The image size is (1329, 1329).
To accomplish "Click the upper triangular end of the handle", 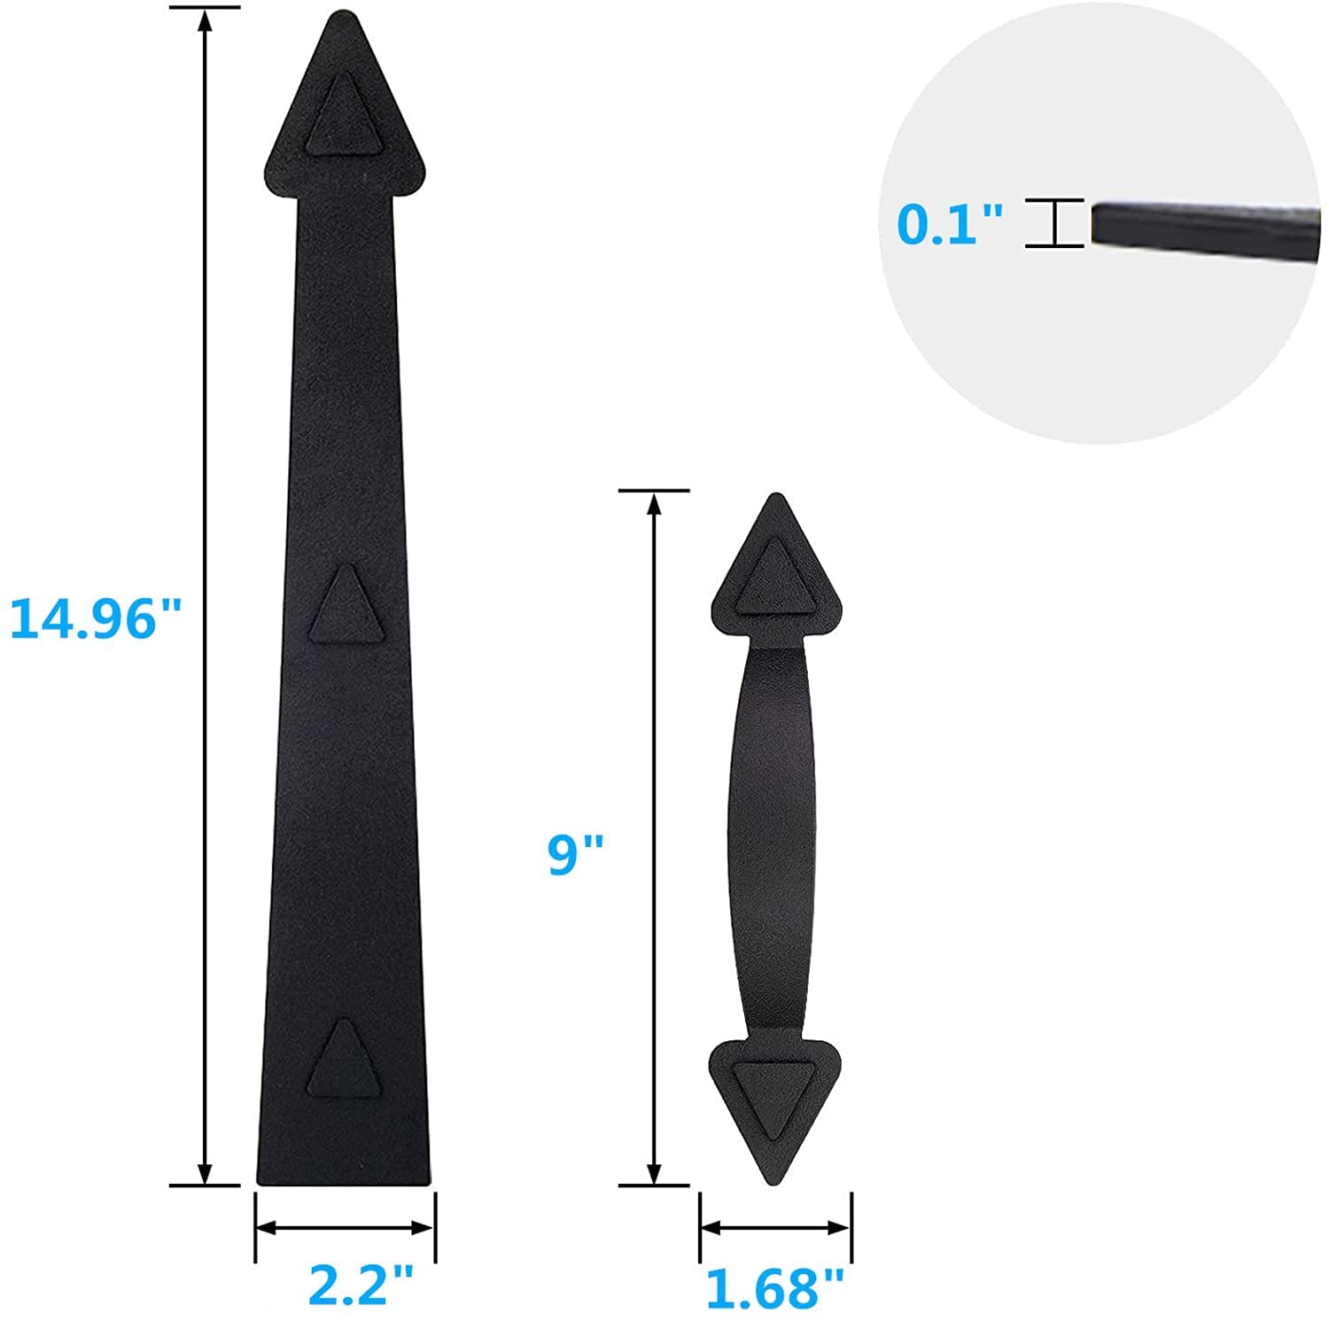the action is click(x=776, y=571).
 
